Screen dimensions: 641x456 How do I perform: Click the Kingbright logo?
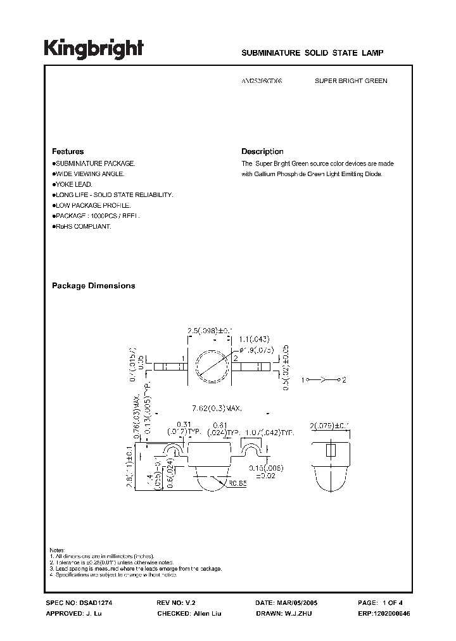click(x=93, y=49)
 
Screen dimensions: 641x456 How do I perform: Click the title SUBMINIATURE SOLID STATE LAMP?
click(x=313, y=54)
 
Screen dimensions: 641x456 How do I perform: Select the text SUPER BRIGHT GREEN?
click(x=351, y=81)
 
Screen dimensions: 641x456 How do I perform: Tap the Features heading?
click(x=68, y=152)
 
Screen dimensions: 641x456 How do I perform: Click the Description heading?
click(x=262, y=152)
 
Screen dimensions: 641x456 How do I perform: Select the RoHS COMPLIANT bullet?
click(x=82, y=227)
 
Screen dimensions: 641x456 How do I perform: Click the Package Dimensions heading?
click(x=93, y=286)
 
